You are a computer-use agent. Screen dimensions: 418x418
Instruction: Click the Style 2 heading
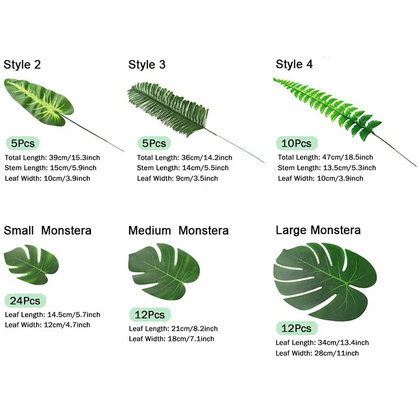click(x=22, y=65)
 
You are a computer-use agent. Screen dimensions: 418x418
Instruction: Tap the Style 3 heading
click(x=147, y=65)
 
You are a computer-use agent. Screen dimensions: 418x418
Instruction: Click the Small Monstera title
click(x=48, y=230)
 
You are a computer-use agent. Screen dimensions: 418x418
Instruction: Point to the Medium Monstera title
click(x=178, y=230)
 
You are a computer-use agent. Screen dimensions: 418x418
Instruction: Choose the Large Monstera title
click(x=318, y=230)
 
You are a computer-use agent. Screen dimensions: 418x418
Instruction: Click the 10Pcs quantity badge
click(x=296, y=143)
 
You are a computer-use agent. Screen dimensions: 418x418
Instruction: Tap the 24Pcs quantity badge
click(x=25, y=300)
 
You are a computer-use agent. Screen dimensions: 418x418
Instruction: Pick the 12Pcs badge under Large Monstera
click(x=296, y=328)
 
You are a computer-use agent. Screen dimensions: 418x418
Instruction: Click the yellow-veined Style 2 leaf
click(x=39, y=99)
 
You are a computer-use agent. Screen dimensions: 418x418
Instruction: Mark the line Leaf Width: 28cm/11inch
click(x=318, y=353)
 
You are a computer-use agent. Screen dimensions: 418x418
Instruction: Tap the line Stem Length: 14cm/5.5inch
click(x=182, y=168)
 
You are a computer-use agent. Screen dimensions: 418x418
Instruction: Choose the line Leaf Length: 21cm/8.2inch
click(x=173, y=329)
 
